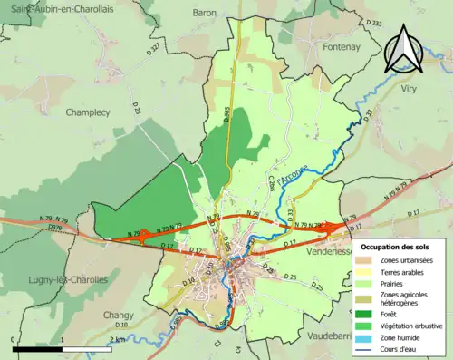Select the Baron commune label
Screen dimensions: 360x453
pyautogui.click(x=204, y=14)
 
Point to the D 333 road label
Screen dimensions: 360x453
pyautogui.click(x=375, y=23)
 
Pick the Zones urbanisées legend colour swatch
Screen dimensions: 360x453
pyautogui.click(x=368, y=259)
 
